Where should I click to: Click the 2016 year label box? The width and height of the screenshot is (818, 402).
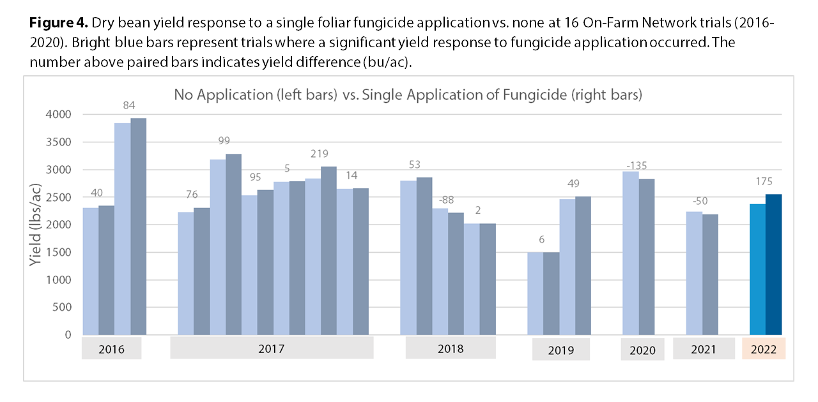click(112, 349)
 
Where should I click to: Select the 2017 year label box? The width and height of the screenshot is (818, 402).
click(272, 348)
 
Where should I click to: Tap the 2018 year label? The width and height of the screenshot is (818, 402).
click(451, 348)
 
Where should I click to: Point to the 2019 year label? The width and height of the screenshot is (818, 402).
click(560, 350)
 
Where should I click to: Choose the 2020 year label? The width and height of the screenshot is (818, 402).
click(642, 350)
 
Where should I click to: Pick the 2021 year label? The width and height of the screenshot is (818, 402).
click(703, 349)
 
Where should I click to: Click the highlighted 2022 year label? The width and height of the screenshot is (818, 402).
click(764, 349)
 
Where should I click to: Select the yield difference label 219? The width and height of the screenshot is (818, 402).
click(320, 154)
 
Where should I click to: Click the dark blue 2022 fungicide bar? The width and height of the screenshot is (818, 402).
click(773, 264)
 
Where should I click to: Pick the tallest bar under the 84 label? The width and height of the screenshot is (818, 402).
click(138, 227)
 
